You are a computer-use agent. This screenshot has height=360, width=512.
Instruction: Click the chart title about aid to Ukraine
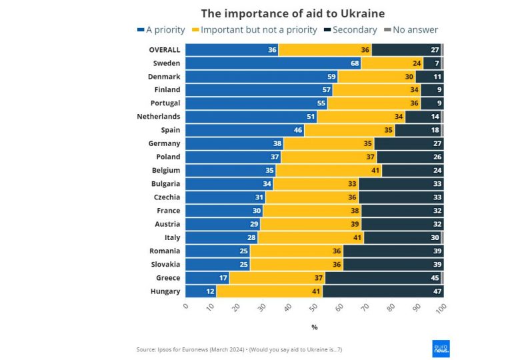293,13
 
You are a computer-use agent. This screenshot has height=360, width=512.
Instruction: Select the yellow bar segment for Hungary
270,291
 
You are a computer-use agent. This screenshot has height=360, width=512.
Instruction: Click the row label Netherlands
159,117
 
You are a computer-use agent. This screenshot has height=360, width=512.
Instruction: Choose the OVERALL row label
164,50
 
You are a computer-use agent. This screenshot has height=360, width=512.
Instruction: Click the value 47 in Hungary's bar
437,291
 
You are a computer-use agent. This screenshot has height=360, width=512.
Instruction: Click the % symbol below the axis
315,327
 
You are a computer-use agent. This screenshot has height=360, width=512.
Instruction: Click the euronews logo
441,348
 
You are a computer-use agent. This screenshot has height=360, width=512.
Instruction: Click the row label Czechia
166,197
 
